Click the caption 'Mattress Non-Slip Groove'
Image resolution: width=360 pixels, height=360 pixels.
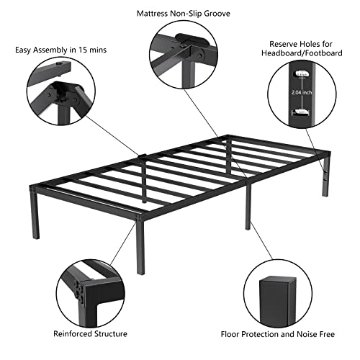(179, 13)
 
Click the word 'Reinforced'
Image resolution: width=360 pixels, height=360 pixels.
(73, 333)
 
